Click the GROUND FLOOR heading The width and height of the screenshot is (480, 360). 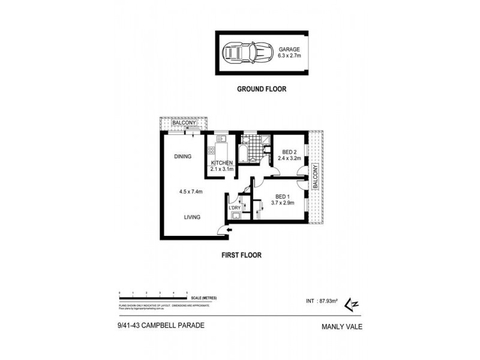[261, 89]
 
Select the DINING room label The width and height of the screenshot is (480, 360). [182, 157]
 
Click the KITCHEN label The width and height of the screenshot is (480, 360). [221, 163]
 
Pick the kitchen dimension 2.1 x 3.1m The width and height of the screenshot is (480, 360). [221, 169]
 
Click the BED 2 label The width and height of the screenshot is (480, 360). [289, 152]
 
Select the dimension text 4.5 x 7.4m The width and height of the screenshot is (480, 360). [191, 192]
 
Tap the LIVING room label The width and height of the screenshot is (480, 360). [192, 217]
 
